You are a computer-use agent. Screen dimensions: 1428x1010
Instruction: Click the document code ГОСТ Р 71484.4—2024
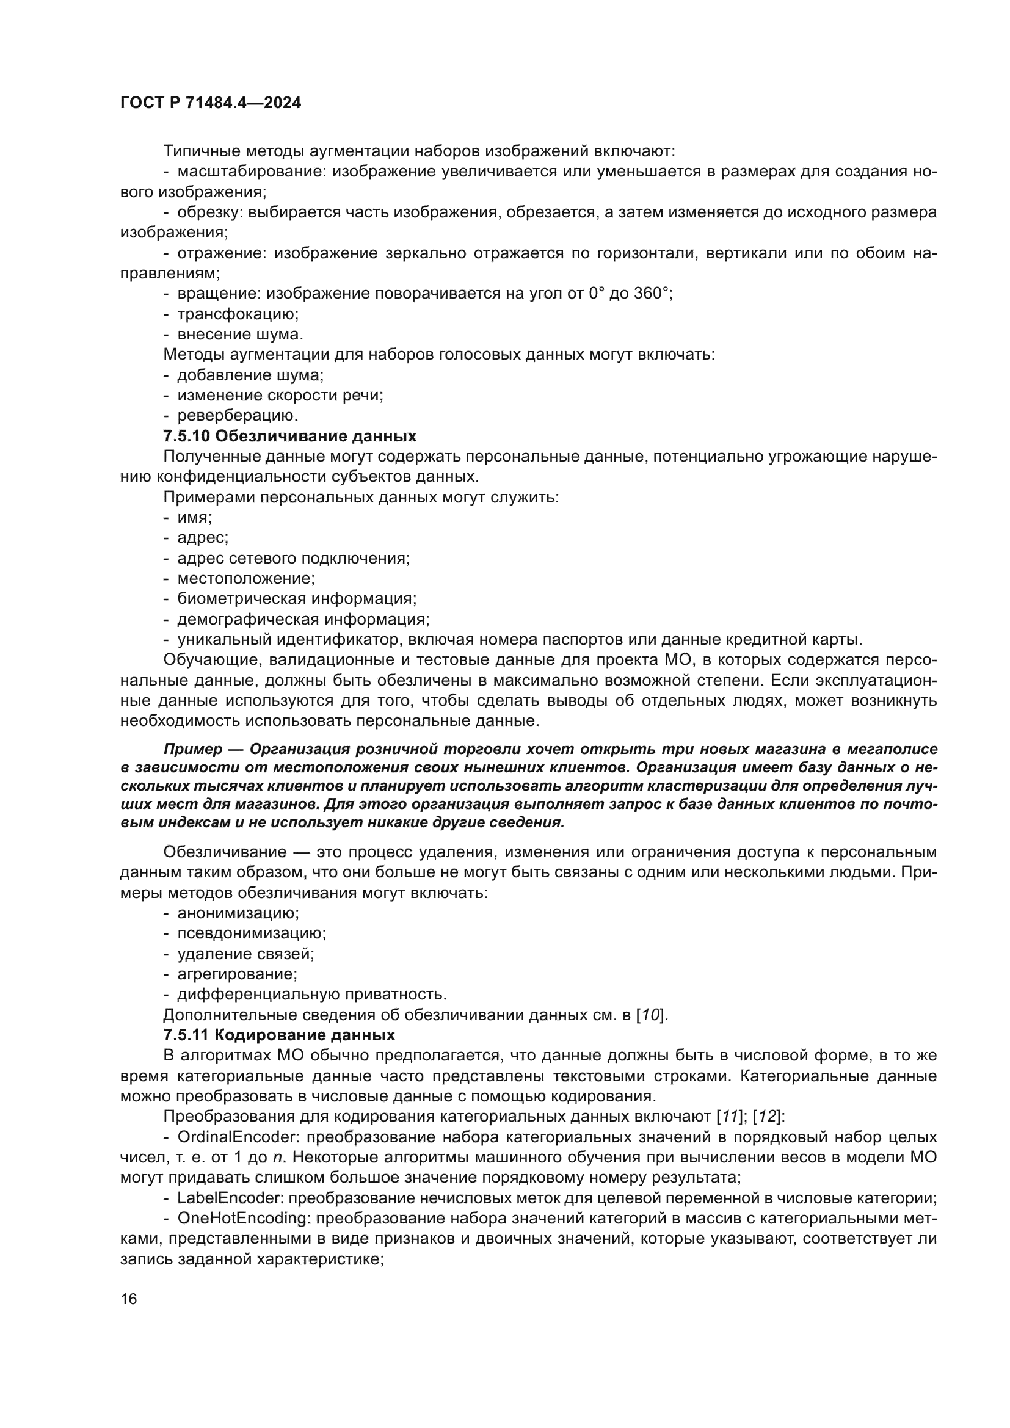(x=210, y=103)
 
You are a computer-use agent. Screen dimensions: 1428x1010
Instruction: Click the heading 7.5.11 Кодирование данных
(x=279, y=1035)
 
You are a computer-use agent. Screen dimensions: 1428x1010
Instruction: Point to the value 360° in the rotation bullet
(x=652, y=294)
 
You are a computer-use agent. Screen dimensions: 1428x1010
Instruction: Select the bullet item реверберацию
(x=238, y=416)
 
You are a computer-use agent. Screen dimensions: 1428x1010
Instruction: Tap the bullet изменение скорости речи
(x=280, y=396)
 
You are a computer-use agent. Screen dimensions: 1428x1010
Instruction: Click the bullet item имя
(x=195, y=518)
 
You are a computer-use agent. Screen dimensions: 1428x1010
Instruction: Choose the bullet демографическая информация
(x=303, y=620)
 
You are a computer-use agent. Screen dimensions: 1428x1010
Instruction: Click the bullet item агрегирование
(x=237, y=974)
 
